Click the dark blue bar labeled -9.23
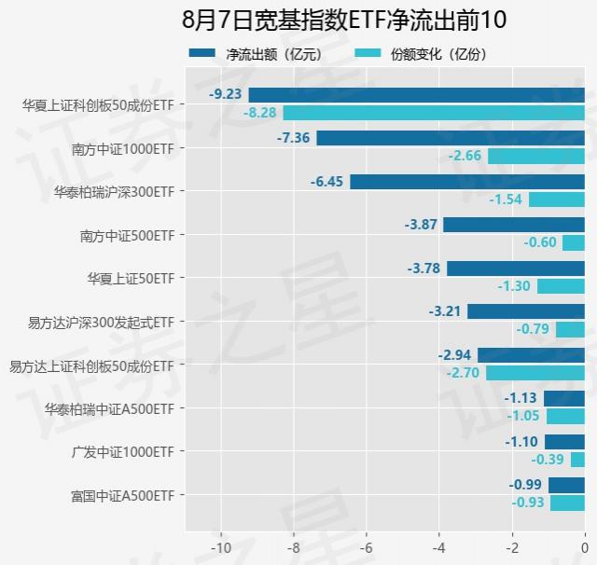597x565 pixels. pyautogui.click(x=416, y=94)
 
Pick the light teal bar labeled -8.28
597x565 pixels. pyautogui.click(x=434, y=113)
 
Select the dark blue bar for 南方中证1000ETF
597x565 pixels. pyautogui.click(x=451, y=138)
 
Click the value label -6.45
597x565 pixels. pyautogui.click(x=328, y=182)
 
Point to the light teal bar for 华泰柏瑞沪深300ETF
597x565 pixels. pyautogui.click(x=556, y=200)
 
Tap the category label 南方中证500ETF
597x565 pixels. pyautogui.click(x=127, y=235)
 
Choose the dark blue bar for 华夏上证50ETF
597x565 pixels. pyautogui.click(x=515, y=269)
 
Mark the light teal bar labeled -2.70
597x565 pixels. pyautogui.click(x=535, y=373)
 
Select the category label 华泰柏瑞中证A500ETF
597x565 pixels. pyautogui.click(x=109, y=408)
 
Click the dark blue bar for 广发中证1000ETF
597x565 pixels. pyautogui.click(x=564, y=442)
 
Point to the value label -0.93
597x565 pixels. pyautogui.click(x=528, y=503)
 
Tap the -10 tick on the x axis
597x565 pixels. pyautogui.click(x=221, y=547)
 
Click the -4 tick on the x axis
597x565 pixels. pyautogui.click(x=439, y=547)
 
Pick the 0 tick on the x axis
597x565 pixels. pyautogui.click(x=584, y=547)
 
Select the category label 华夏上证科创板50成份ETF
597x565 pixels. pyautogui.click(x=98, y=104)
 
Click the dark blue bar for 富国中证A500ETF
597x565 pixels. pyautogui.click(x=566, y=485)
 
